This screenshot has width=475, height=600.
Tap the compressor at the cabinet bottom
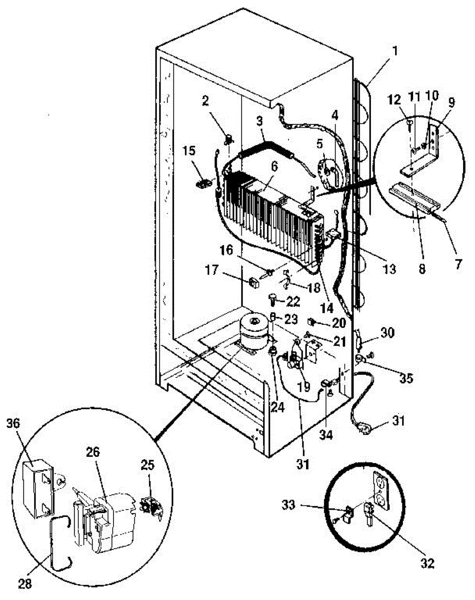(253, 332)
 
